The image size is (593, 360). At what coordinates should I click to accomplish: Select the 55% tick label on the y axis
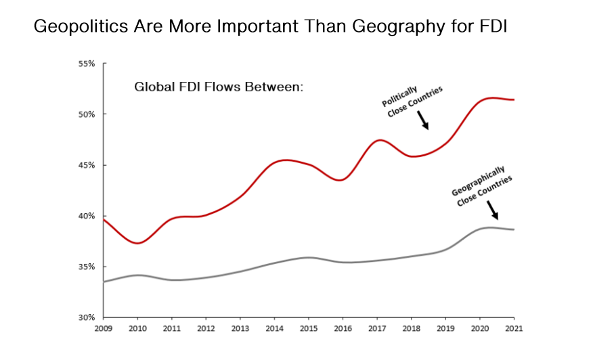pyautogui.click(x=87, y=64)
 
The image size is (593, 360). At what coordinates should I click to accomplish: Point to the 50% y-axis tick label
pyautogui.click(x=87, y=114)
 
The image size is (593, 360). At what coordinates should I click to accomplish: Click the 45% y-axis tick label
pyautogui.click(x=87, y=165)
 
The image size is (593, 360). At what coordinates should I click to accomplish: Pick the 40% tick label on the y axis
pyautogui.click(x=87, y=216)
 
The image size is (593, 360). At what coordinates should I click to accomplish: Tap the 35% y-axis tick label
pyautogui.click(x=87, y=267)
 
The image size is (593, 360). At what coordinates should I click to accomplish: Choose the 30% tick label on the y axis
pyautogui.click(x=87, y=317)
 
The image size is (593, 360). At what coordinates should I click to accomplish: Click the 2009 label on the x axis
pyautogui.click(x=104, y=329)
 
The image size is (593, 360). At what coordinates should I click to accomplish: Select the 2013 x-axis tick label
pyautogui.click(x=240, y=329)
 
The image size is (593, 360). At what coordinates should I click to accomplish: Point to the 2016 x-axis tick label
pyautogui.click(x=343, y=329)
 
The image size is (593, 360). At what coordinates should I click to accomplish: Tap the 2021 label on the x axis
pyautogui.click(x=514, y=329)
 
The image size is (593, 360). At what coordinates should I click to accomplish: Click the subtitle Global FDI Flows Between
pyautogui.click(x=218, y=87)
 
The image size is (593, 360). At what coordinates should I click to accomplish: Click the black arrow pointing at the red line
pyautogui.click(x=423, y=120)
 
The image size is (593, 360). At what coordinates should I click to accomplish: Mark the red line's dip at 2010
pyautogui.click(x=138, y=243)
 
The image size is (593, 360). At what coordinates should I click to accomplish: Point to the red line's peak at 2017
pyautogui.click(x=380, y=140)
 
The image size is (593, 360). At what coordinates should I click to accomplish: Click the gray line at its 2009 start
pyautogui.click(x=104, y=282)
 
